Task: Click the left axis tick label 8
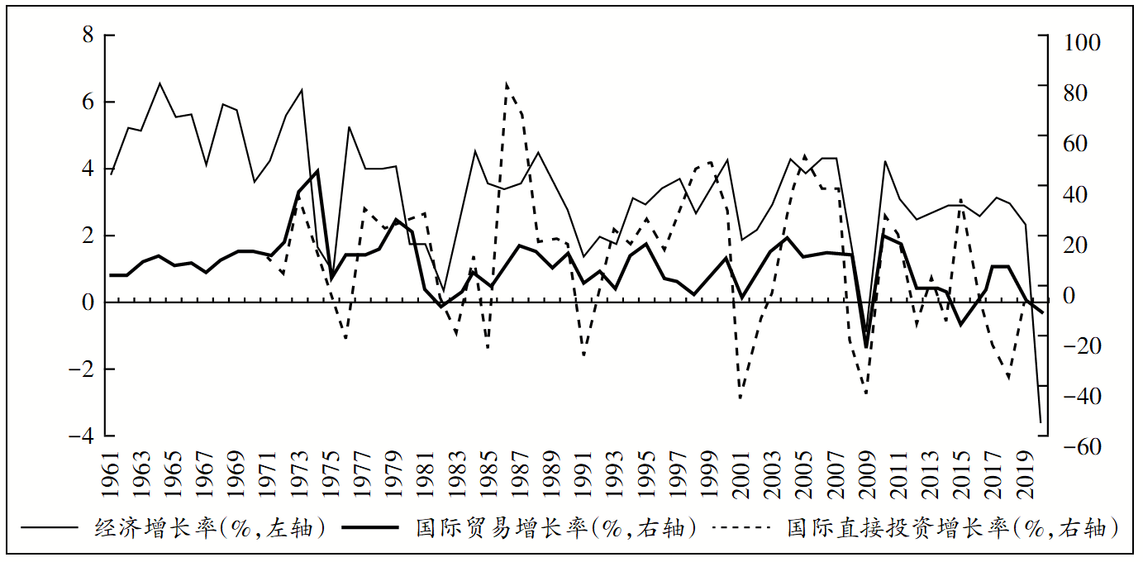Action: coord(88,35)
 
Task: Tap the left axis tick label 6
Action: coord(88,102)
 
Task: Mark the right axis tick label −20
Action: coord(1076,346)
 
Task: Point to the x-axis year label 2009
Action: coord(866,474)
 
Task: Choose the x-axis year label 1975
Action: coord(331,474)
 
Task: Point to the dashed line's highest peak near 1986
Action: coord(506,83)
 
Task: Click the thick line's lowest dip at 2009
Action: coord(866,348)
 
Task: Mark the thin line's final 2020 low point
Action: coord(1041,422)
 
